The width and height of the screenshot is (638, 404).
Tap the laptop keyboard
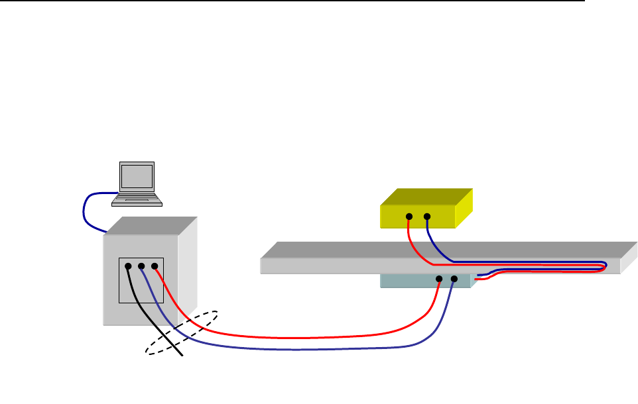point(137,196)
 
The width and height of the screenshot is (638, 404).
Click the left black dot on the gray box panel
point(129,267)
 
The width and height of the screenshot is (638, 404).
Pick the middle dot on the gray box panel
point(141,267)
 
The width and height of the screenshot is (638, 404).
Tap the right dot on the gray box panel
point(154,267)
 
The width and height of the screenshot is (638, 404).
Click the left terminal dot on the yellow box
point(409,217)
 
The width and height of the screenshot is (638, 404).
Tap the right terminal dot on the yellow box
point(426,217)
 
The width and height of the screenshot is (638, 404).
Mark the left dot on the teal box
point(439,279)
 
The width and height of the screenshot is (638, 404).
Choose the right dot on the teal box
point(454,279)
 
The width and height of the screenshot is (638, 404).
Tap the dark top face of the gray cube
point(151,225)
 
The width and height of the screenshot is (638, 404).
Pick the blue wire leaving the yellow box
point(434,245)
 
